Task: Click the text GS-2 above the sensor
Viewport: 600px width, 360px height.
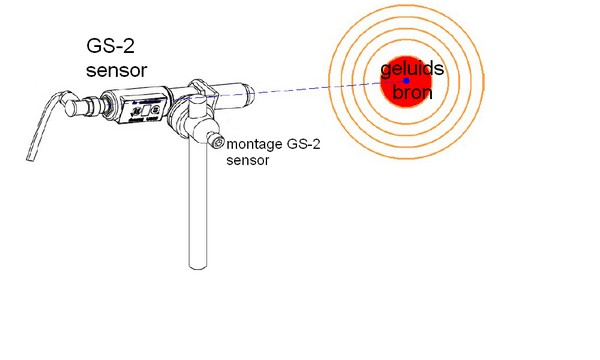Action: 111,46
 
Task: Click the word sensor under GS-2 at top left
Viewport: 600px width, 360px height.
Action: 117,70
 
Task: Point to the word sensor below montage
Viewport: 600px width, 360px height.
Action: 248,160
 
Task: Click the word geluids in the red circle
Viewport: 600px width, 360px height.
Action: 412,69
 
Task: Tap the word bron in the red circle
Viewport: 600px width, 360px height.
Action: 412,92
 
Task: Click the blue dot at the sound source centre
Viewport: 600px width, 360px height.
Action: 407,81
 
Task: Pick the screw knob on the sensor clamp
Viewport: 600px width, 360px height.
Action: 216,139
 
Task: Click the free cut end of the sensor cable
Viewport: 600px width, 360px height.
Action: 31,158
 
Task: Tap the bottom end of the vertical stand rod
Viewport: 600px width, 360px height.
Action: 198,267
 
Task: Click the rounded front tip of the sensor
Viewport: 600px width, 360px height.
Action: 250,93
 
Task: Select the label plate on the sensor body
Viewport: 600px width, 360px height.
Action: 143,111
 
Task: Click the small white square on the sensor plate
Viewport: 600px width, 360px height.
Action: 146,111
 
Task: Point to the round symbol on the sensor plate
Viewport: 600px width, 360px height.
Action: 156,111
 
